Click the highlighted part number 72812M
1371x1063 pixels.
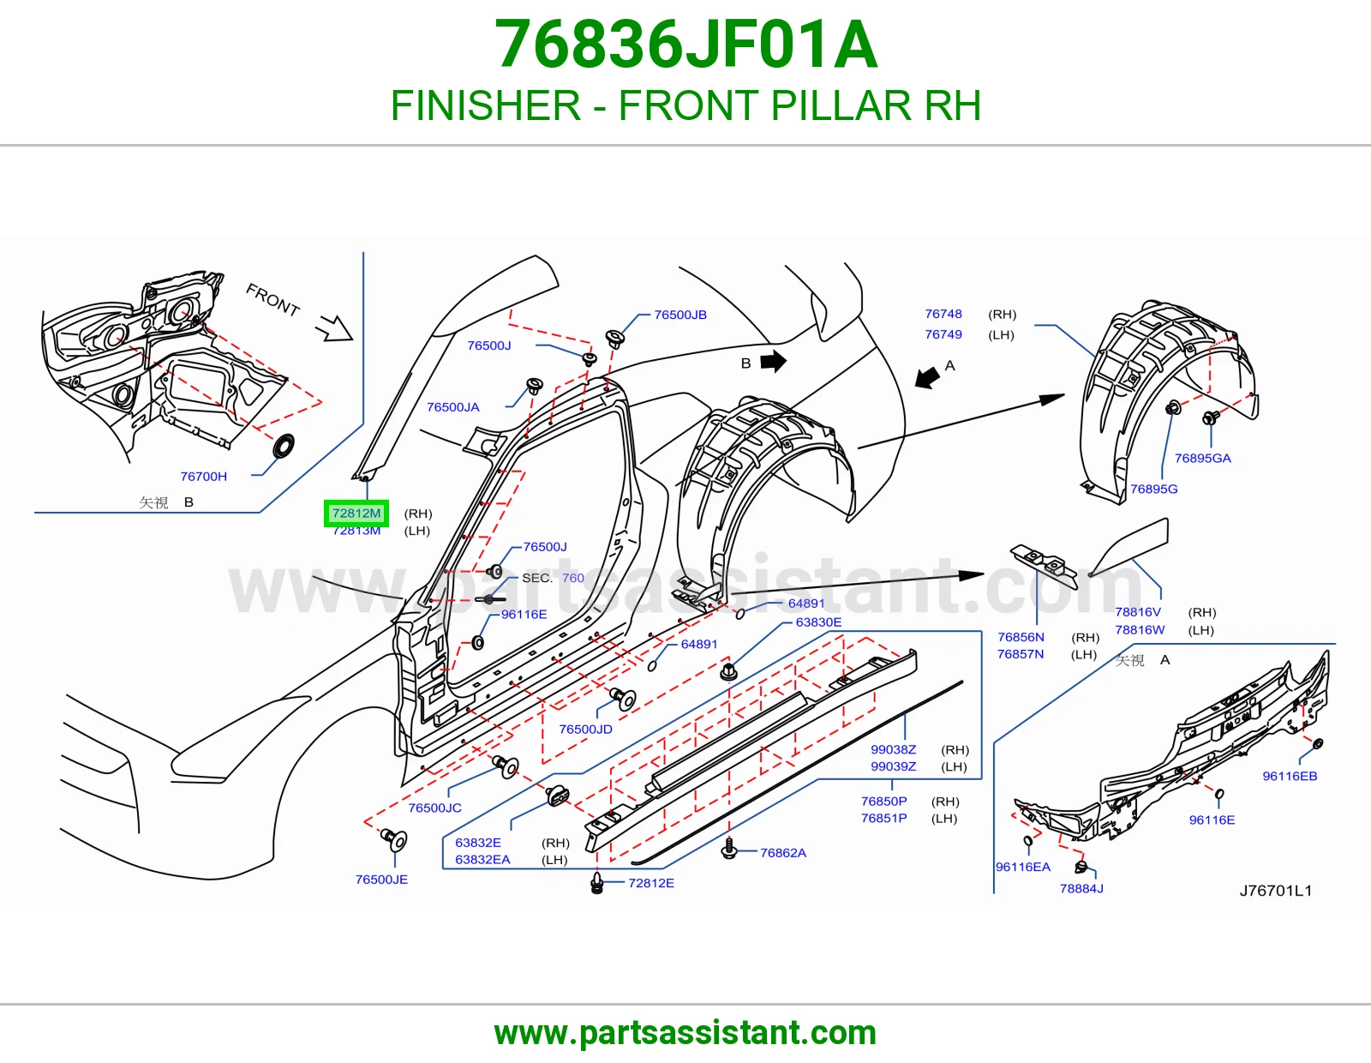356,513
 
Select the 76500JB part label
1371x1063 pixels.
680,315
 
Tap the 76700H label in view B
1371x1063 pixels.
204,477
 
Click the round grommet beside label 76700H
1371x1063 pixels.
283,446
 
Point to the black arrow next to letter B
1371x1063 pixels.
774,362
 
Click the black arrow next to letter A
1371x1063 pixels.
927,378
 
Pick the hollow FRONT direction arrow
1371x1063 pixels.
336,328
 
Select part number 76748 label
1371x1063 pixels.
943,314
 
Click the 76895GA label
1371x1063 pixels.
1202,459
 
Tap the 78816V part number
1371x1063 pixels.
1138,612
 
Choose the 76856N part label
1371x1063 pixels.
1021,638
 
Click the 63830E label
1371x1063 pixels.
818,622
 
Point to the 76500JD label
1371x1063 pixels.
585,730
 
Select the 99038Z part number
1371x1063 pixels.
894,750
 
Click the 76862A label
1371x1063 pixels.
783,854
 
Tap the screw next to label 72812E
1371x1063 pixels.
597,883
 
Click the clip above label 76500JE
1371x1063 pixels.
395,839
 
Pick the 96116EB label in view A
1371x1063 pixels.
1290,777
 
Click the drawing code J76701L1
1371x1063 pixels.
1276,891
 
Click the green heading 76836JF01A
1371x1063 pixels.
685,45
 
